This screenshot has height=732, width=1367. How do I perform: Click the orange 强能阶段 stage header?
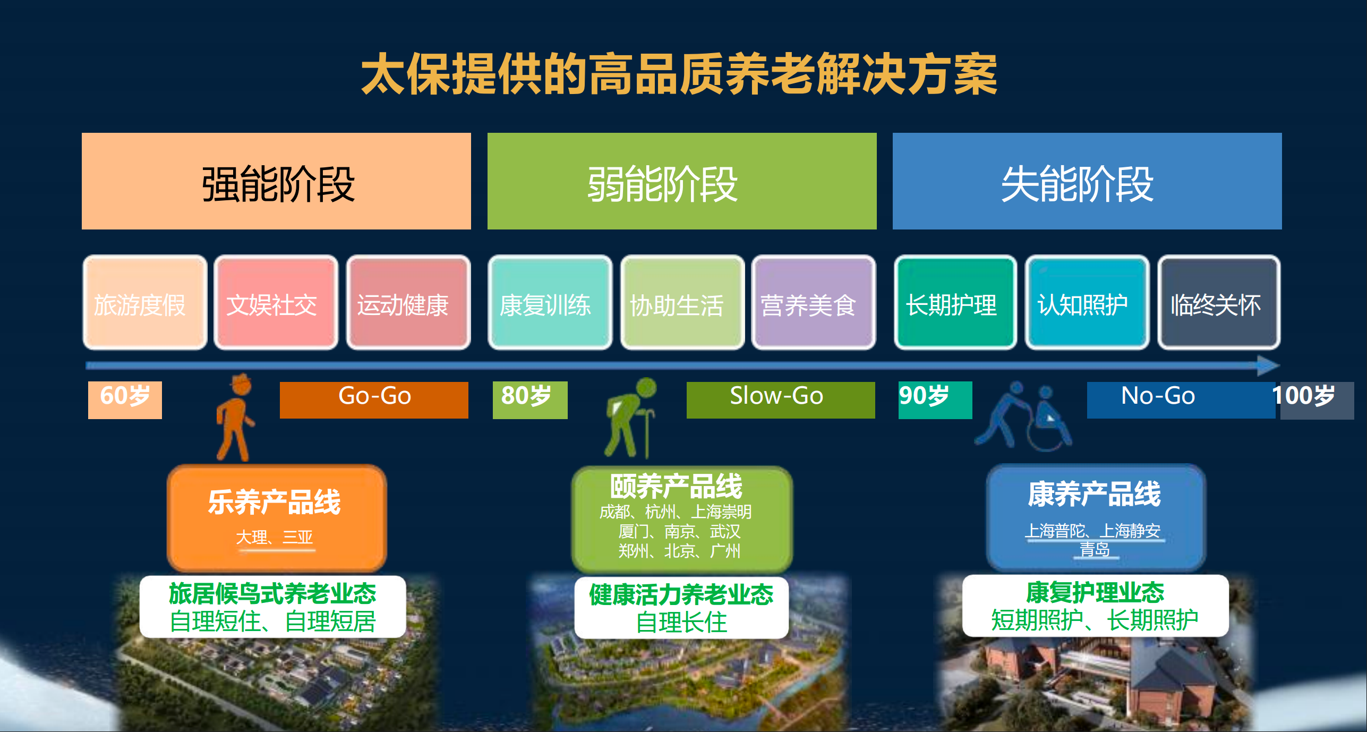tap(276, 181)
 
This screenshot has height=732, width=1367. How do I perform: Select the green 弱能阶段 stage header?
tap(682, 181)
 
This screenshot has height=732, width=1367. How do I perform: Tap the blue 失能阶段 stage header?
tap(1087, 181)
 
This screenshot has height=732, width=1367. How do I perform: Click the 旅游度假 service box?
tap(145, 303)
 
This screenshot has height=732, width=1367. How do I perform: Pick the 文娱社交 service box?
tap(276, 303)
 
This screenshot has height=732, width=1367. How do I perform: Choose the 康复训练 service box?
tap(550, 303)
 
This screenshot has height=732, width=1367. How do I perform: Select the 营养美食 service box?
tap(814, 303)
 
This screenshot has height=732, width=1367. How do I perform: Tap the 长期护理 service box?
tap(955, 303)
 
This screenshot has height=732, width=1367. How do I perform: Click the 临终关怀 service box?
tap(1219, 303)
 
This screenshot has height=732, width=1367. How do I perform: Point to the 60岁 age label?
tap(125, 400)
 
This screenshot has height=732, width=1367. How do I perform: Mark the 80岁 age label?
tap(530, 400)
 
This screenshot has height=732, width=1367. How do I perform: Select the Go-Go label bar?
tap(374, 400)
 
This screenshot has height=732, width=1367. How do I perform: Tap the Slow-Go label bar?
tap(781, 400)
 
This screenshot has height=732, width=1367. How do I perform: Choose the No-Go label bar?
tap(1181, 400)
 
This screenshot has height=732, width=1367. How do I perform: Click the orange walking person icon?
tap(235, 418)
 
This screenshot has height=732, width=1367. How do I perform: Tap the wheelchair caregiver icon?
tap(1023, 416)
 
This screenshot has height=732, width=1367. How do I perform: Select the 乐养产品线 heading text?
tap(274, 502)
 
